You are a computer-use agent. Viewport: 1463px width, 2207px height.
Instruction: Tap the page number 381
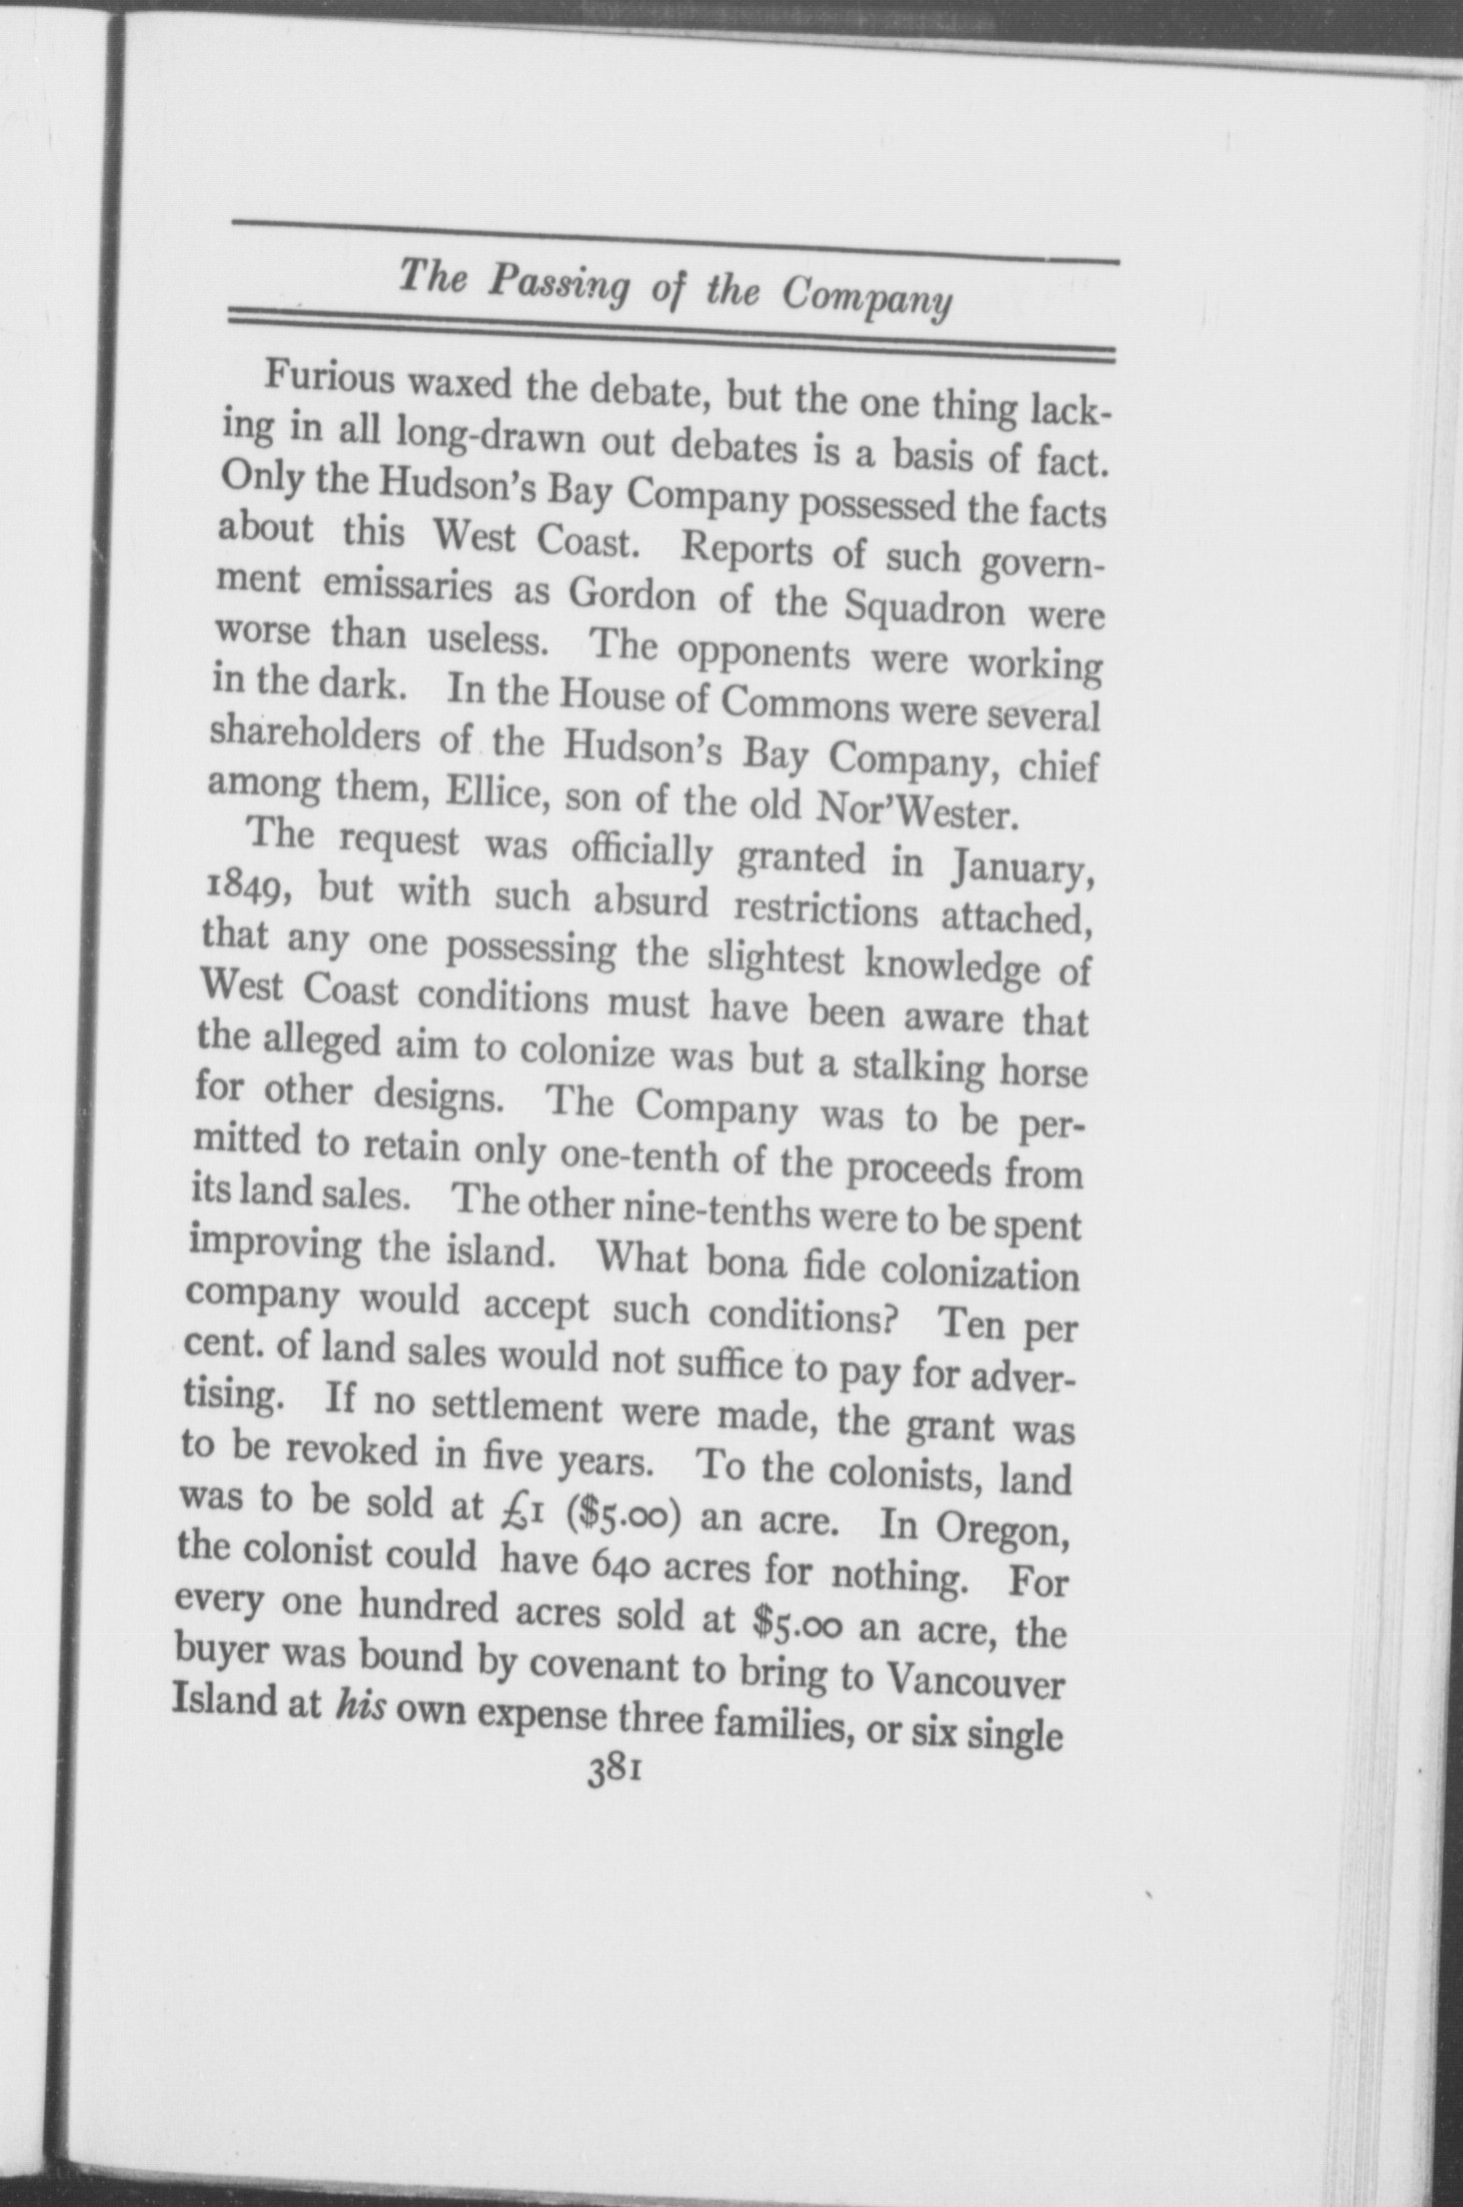point(614,1776)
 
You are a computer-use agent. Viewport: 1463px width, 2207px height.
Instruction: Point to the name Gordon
point(632,594)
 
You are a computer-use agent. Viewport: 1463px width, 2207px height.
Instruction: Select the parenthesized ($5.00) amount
point(624,1515)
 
